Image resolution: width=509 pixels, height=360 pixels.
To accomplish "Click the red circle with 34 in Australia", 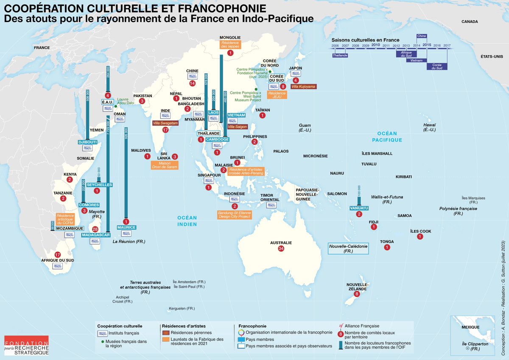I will tap(281, 248).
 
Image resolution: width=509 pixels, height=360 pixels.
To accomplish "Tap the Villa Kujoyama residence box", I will tap(303, 87).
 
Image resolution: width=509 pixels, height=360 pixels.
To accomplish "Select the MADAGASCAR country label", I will tap(96, 235).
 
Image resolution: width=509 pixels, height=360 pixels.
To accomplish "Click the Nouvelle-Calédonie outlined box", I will tap(349, 248).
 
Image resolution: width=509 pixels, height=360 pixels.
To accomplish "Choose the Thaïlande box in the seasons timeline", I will tap(340, 55).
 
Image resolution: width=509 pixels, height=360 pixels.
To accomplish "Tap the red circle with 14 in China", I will tap(193, 83).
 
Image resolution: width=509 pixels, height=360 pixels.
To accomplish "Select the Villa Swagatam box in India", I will tap(165, 123).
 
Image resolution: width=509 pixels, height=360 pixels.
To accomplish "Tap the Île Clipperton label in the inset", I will tap(474, 346).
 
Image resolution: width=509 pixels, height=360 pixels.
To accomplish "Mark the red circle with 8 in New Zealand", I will tap(357, 294).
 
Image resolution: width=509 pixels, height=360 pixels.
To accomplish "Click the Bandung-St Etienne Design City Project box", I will tap(234, 215).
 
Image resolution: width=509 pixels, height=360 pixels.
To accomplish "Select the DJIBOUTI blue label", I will tap(88, 142).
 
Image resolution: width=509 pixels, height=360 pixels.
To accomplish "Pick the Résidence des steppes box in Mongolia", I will tap(230, 45).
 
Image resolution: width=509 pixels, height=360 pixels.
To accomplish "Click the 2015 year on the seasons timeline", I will tap(427, 45).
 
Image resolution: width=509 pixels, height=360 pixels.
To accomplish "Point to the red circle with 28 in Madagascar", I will tap(95, 229).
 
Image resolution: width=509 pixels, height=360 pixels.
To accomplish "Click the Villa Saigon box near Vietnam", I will tap(237, 126).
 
